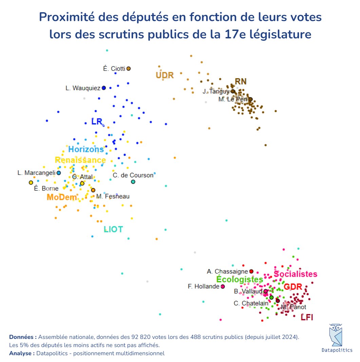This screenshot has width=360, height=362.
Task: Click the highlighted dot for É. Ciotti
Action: (129, 69)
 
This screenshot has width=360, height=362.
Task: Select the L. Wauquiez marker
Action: (104, 88)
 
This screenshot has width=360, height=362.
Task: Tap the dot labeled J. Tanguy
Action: (233, 91)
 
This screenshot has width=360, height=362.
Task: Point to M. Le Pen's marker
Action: (250, 99)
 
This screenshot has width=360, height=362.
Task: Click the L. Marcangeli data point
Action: (59, 173)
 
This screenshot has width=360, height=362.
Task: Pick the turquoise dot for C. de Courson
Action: (133, 182)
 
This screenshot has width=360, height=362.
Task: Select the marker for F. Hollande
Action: (223, 287)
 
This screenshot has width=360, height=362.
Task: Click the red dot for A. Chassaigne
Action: (251, 271)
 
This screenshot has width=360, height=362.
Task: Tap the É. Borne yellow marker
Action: (31, 183)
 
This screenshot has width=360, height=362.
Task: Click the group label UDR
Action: (165, 75)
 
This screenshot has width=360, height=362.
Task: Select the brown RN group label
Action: (241, 82)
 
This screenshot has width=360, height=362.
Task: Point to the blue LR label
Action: (97, 122)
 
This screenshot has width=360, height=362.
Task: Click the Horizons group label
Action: (86, 149)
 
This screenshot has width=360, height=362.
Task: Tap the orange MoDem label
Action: (61, 197)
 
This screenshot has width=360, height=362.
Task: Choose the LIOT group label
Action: (113, 230)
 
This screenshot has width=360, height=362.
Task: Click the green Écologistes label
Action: (240, 279)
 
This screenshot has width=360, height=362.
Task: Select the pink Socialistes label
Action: (295, 274)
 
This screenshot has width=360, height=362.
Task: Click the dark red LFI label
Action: (307, 318)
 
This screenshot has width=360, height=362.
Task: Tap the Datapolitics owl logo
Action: (337, 334)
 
